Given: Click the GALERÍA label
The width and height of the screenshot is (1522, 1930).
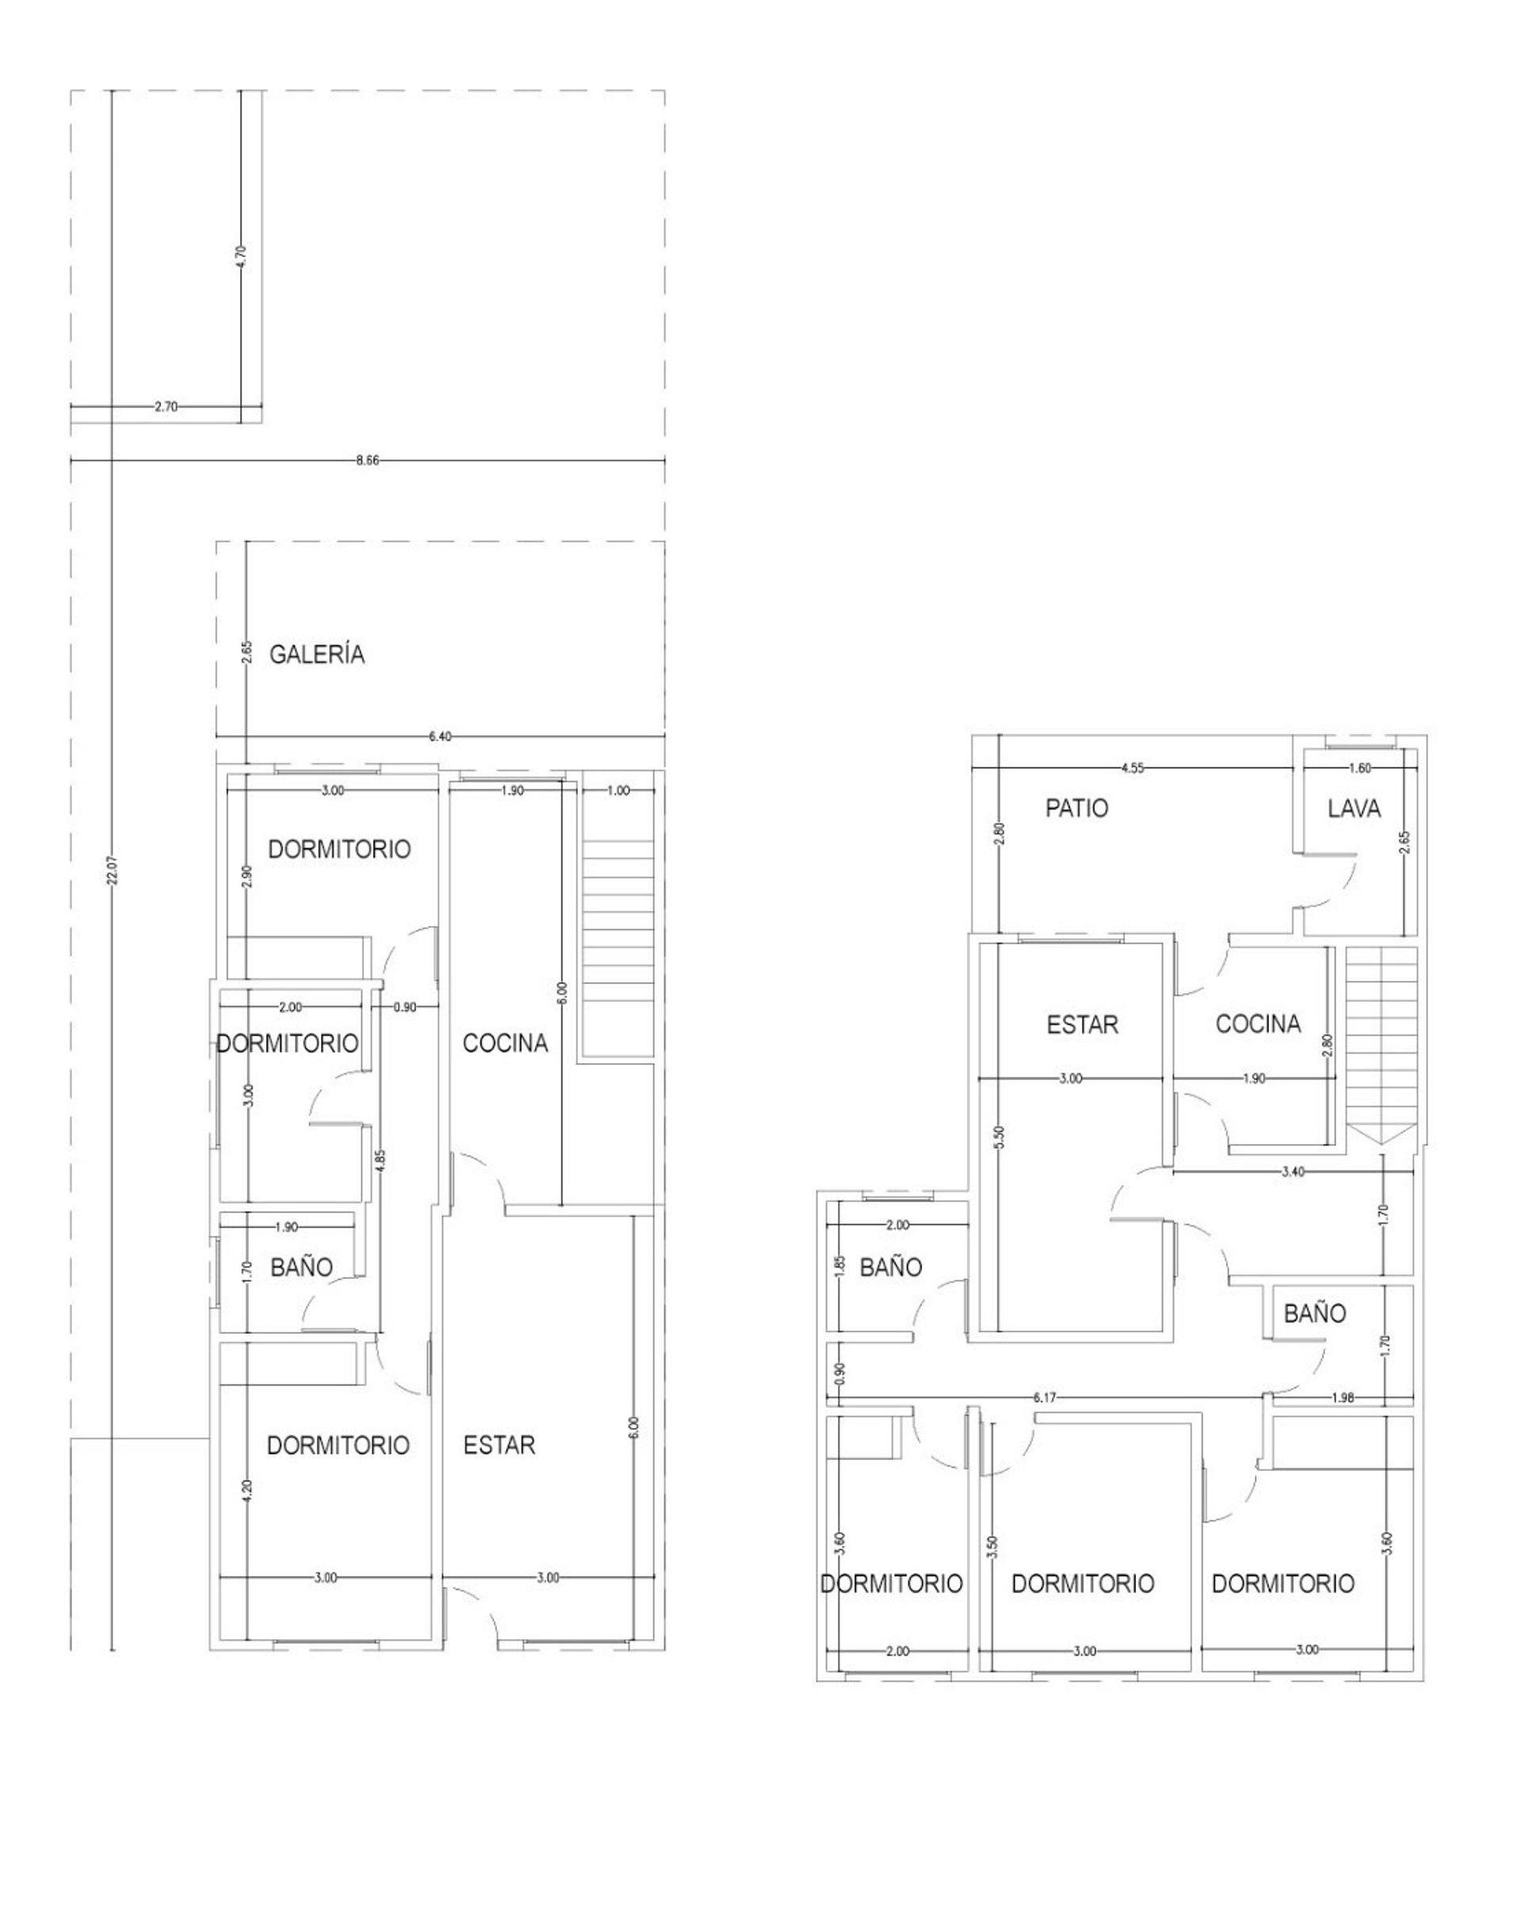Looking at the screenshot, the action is pyautogui.click(x=317, y=654).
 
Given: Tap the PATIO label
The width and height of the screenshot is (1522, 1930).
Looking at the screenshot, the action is pyautogui.click(x=1076, y=808).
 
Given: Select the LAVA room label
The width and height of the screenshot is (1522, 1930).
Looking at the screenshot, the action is pyautogui.click(x=1354, y=808).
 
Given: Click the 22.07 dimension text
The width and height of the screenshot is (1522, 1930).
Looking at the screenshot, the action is pyautogui.click(x=112, y=871).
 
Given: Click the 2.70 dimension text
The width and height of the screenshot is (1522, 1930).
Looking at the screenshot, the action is pyautogui.click(x=166, y=407).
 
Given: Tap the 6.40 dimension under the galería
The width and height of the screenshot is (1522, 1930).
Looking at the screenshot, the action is pyautogui.click(x=440, y=737).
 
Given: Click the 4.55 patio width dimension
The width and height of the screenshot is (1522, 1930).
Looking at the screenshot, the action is pyautogui.click(x=1133, y=768).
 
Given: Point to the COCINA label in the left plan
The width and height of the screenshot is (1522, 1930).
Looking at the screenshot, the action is pyautogui.click(x=505, y=1043).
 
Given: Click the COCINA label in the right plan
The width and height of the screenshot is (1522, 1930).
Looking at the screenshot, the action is pyautogui.click(x=1258, y=1024).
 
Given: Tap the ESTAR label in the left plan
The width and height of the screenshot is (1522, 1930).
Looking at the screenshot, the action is pyautogui.click(x=499, y=1445).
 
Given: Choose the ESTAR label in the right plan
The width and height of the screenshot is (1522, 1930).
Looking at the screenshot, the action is pyautogui.click(x=1083, y=1024).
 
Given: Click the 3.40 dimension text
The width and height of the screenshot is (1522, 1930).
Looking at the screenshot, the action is pyautogui.click(x=1293, y=1171).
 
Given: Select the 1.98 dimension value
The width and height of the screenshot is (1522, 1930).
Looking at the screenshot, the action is pyautogui.click(x=1342, y=1398).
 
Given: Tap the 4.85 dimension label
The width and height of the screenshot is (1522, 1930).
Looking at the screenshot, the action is pyautogui.click(x=380, y=1164).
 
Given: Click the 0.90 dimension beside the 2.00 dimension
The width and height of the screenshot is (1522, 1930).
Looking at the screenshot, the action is pyautogui.click(x=404, y=1007).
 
